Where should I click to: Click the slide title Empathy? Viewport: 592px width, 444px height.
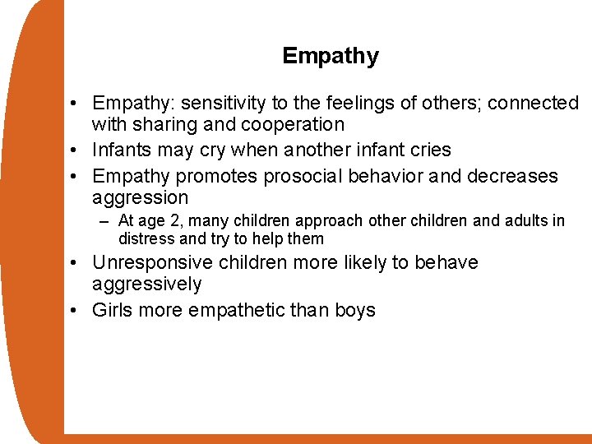click(330, 57)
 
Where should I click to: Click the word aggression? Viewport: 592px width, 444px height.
click(140, 198)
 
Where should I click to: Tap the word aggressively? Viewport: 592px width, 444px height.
click(146, 284)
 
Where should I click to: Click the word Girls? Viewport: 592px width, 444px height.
click(112, 311)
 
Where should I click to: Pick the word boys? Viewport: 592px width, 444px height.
click(355, 311)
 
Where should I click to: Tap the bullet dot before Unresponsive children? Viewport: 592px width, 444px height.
click(75, 263)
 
